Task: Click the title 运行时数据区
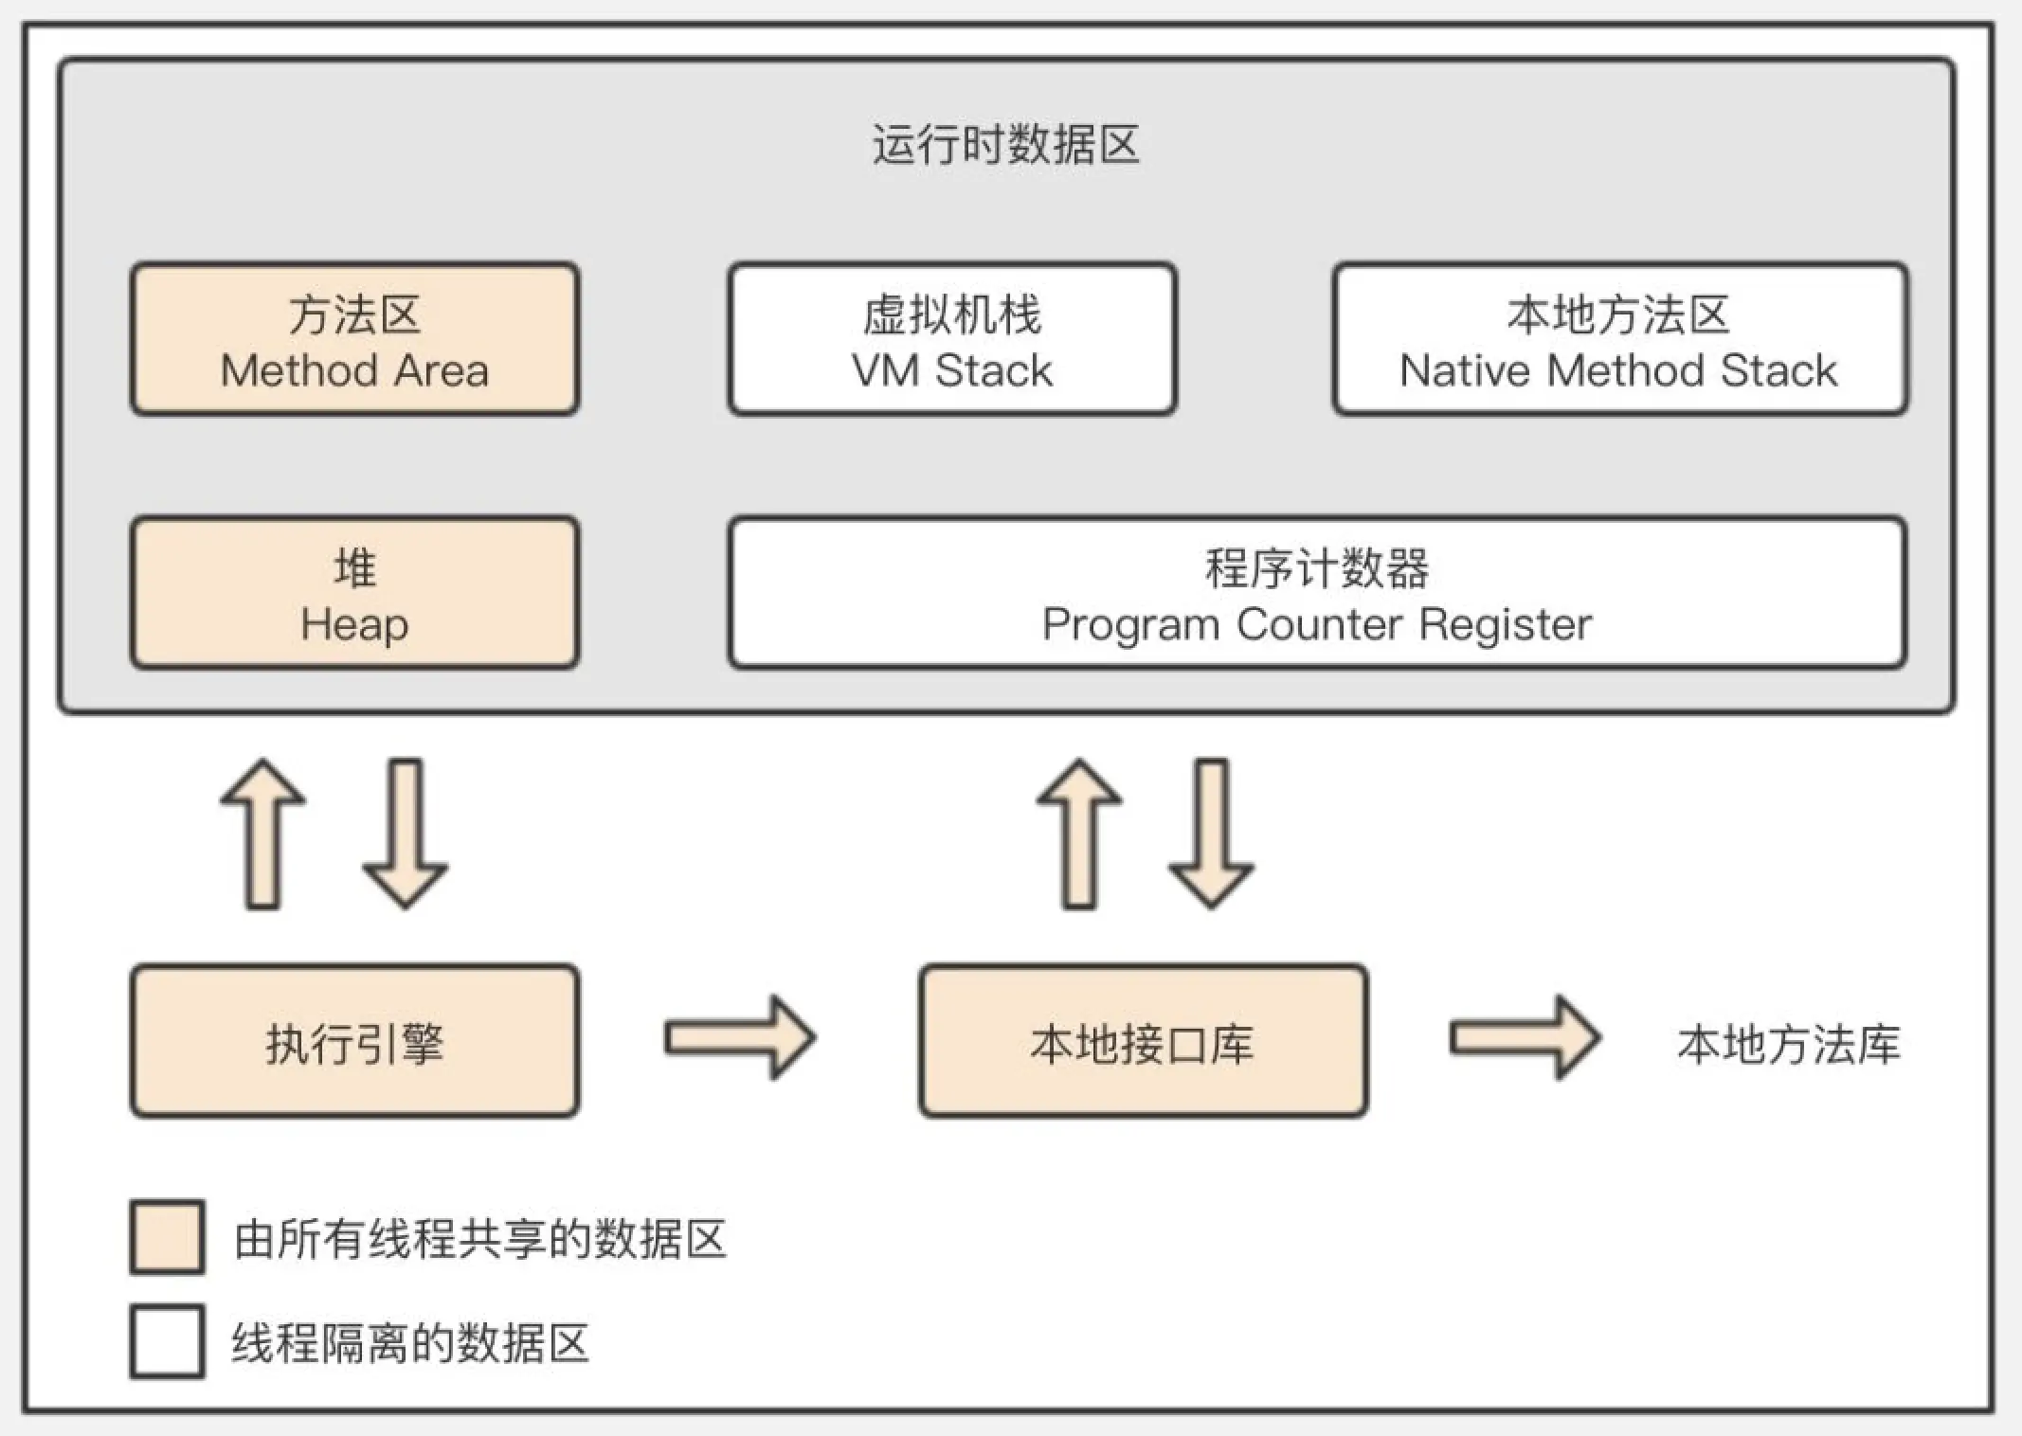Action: click(x=1005, y=145)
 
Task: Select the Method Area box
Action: click(x=355, y=340)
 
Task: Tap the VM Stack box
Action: click(x=952, y=340)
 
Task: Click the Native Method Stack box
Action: click(x=1619, y=340)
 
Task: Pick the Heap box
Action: click(x=355, y=594)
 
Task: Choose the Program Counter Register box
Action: click(x=1317, y=594)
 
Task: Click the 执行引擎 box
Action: click(x=355, y=1042)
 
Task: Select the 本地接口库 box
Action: click(x=1143, y=1042)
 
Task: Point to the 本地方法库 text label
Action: click(x=1788, y=1044)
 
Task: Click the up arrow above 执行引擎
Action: click(x=263, y=834)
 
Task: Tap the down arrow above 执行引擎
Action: click(x=406, y=834)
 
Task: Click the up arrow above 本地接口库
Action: click(x=1079, y=834)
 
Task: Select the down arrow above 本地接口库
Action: click(x=1212, y=834)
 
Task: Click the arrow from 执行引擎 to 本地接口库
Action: click(x=739, y=1038)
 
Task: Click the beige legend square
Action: click(x=168, y=1237)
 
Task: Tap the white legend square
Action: click(x=168, y=1341)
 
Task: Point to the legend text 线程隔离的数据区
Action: click(x=410, y=1343)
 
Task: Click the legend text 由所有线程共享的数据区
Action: click(x=480, y=1239)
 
